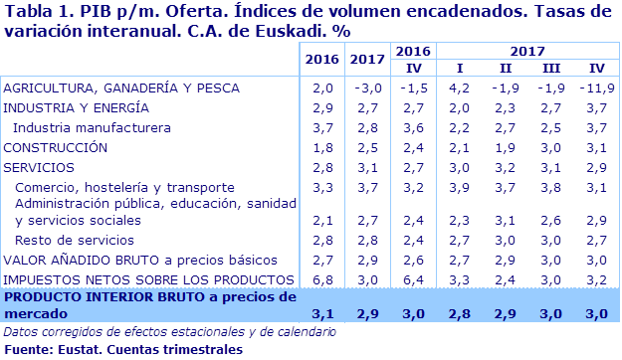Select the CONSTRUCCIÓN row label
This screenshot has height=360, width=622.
(56, 147)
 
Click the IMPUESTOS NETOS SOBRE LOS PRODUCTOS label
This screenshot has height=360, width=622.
(149, 279)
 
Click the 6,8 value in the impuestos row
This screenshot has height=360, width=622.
(322, 279)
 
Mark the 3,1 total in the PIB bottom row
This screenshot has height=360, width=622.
(322, 314)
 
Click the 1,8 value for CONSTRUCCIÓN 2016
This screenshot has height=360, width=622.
(322, 147)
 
